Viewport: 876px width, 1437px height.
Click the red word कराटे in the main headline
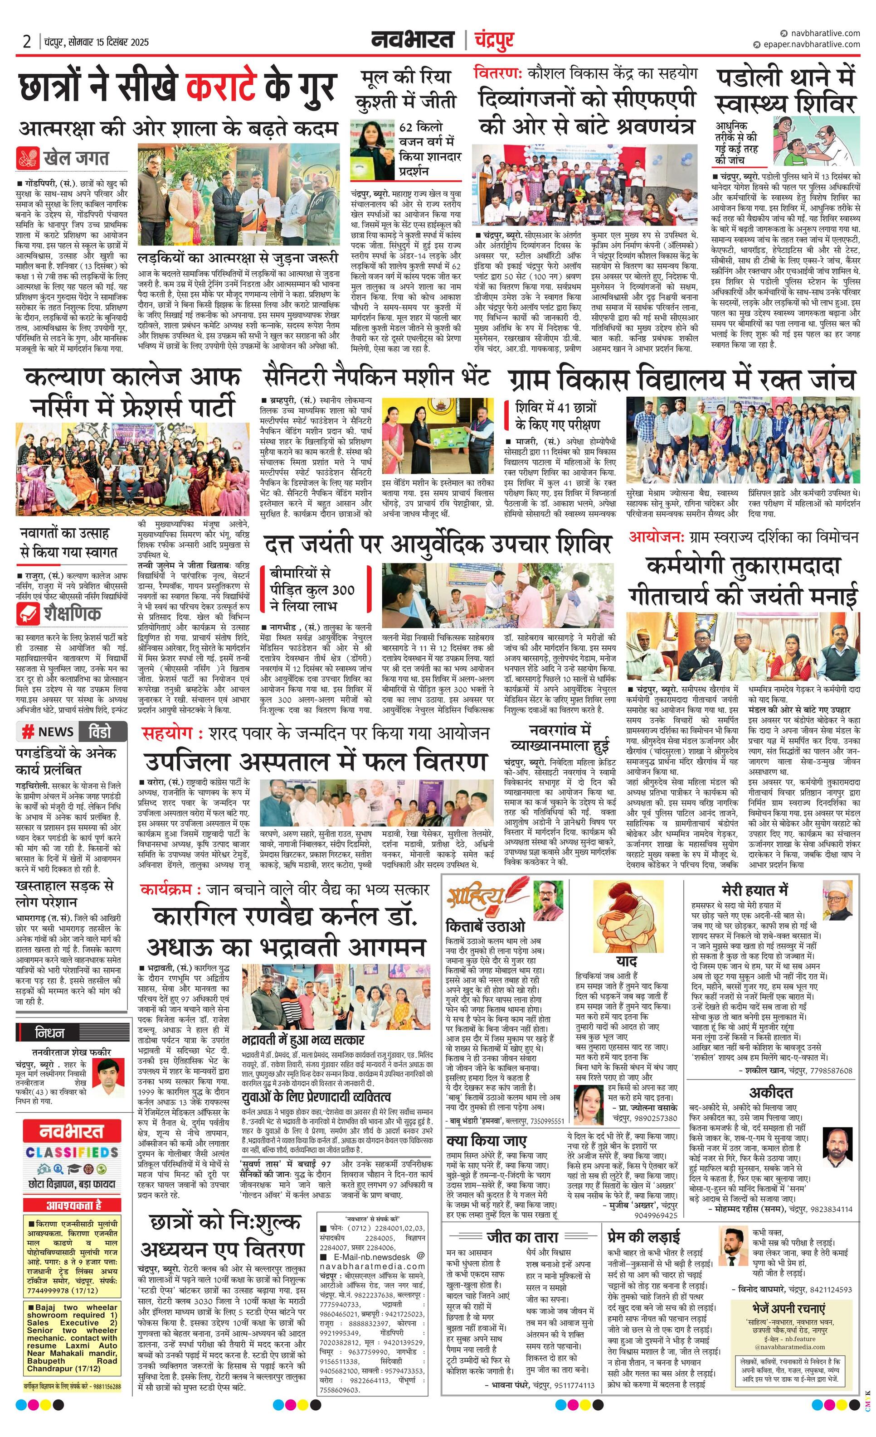[221, 87]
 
